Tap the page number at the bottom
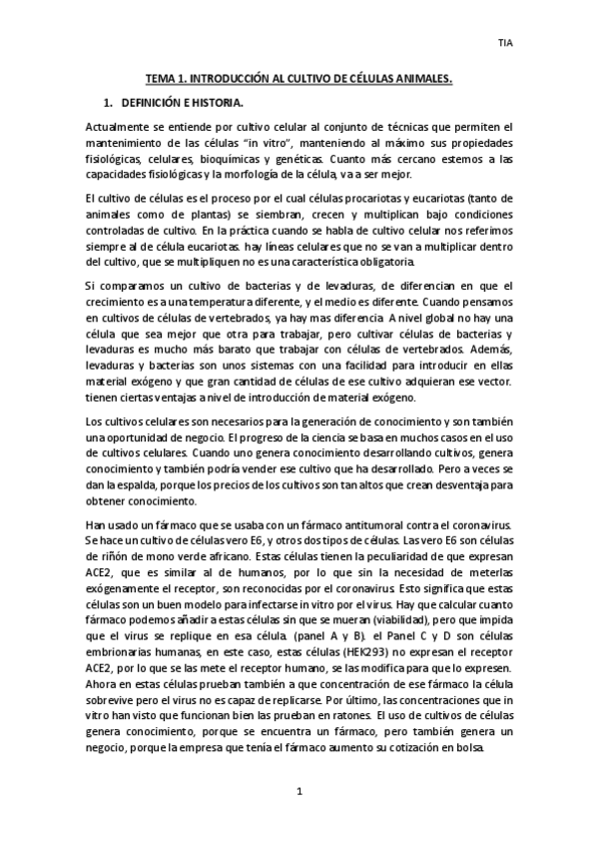(299, 792)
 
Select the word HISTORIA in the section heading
(213, 102)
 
